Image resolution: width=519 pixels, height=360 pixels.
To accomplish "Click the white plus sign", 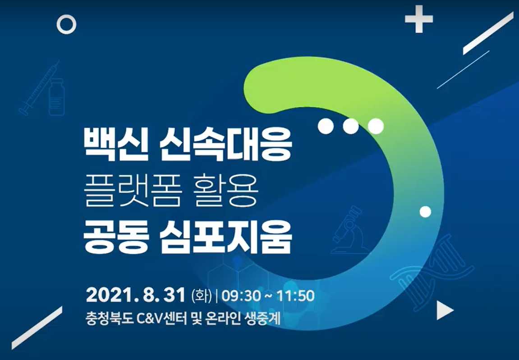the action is [419, 19].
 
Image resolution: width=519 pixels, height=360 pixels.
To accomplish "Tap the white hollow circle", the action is [66, 24].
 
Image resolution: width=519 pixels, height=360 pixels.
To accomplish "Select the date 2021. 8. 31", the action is [135, 295].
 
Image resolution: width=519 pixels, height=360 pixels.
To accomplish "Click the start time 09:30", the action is [241, 296].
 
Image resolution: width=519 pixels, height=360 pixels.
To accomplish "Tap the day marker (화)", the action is [201, 296].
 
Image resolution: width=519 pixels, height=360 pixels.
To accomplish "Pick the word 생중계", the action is [262, 319].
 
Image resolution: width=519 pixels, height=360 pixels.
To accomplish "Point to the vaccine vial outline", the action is [57, 97].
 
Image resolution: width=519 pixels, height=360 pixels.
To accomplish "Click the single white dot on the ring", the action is [425, 212].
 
